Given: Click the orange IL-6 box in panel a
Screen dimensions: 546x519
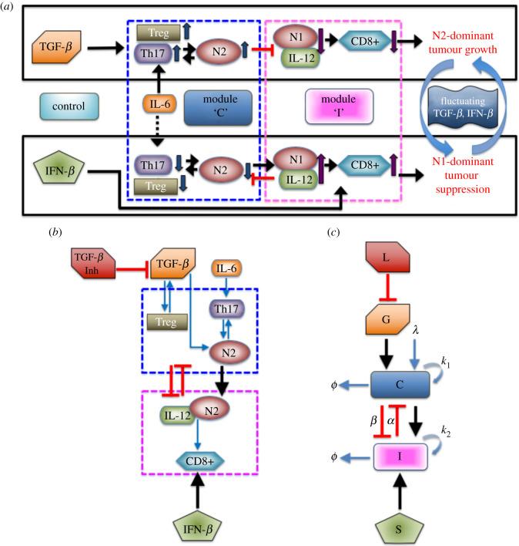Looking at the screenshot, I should tap(156, 102).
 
